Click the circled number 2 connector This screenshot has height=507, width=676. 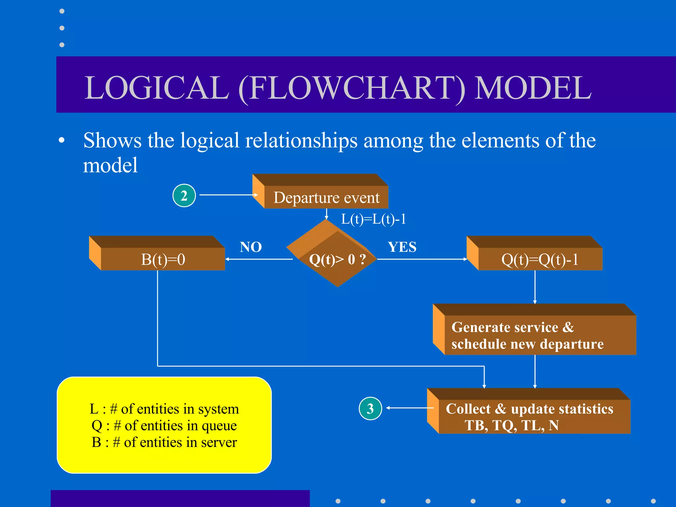[184, 195]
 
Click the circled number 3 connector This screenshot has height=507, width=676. [370, 408]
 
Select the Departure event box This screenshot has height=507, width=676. [326, 197]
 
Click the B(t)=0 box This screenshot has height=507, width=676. [163, 259]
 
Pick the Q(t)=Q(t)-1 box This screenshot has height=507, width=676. [540, 259]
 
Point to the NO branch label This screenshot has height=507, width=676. [251, 247]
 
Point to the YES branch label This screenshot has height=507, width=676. [402, 247]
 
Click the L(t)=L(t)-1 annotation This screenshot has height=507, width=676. [373, 219]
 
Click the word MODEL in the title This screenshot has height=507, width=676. [533, 88]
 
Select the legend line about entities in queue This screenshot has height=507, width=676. [164, 425]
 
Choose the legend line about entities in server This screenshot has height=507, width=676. [164, 442]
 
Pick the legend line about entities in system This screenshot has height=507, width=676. [164, 409]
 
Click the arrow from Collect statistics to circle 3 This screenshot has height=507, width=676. [409, 408]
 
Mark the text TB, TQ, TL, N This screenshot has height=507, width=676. [512, 425]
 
